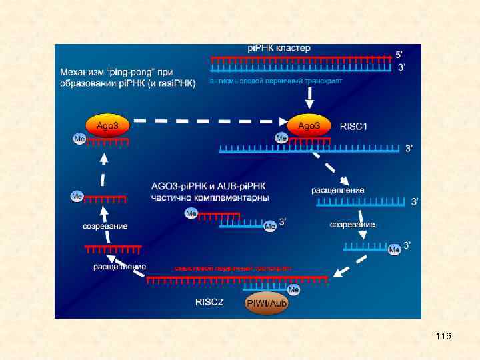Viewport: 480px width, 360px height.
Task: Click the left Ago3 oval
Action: (107, 125)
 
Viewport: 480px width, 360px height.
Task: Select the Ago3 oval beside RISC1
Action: (309, 125)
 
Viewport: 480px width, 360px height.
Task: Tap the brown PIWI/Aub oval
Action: (266, 303)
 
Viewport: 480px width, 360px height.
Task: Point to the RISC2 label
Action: (209, 301)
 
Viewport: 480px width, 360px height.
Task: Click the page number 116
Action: (443, 336)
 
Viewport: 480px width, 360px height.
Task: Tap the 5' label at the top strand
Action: (399, 53)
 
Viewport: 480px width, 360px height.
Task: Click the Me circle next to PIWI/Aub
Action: (293, 290)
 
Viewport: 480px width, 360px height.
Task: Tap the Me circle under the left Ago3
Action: (79, 139)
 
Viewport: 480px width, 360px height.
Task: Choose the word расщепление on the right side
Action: (337, 190)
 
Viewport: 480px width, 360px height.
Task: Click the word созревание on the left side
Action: (105, 226)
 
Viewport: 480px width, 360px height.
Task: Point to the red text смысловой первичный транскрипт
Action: (232, 267)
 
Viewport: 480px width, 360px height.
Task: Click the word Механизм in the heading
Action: (82, 71)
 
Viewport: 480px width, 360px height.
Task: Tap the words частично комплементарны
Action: (211, 198)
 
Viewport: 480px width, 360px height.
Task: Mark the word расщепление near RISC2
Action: (120, 267)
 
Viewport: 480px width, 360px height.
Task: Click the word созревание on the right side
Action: (352, 225)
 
